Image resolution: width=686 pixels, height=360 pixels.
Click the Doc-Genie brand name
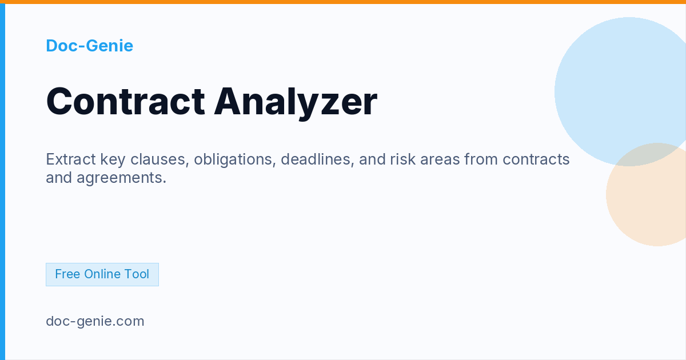pyautogui.click(x=89, y=46)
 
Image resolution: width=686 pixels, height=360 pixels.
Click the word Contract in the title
pyautogui.click(x=126, y=101)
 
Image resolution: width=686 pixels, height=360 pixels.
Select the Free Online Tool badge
pyautogui.click(x=102, y=274)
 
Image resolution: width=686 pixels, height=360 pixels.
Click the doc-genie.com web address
pyautogui.click(x=95, y=321)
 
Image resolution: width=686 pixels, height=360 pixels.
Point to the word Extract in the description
pyautogui.click(x=71, y=159)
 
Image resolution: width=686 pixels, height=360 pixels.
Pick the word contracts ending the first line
pyautogui.click(x=536, y=159)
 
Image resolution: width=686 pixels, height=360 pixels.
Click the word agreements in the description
pyautogui.click(x=122, y=178)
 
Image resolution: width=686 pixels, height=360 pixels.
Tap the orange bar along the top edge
pyautogui.click(x=343, y=2)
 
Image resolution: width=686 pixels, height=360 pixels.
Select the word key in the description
pyautogui.click(x=113, y=160)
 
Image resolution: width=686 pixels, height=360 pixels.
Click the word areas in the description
pyautogui.click(x=440, y=160)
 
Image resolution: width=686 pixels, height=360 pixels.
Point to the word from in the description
pyautogui.click(x=481, y=159)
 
